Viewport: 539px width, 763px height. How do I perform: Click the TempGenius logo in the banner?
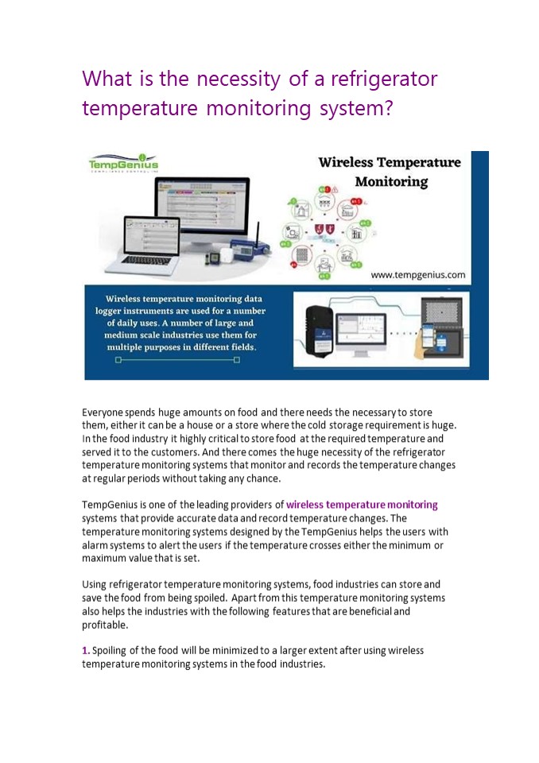(123, 163)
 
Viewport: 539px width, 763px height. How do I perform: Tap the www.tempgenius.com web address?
(417, 275)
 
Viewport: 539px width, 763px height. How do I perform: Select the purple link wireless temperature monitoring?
(362, 505)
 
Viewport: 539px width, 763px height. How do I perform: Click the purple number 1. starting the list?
(85, 650)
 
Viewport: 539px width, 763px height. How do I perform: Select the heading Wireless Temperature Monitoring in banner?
(390, 172)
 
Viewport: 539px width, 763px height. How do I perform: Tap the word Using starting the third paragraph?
(95, 584)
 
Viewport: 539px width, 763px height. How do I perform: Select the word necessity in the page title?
(238, 79)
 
